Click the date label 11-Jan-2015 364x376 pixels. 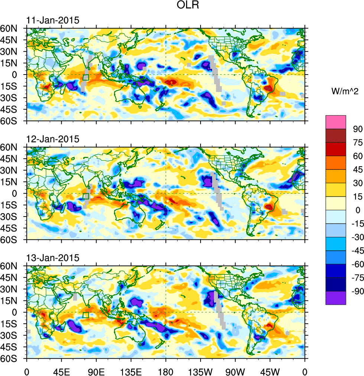[52, 21]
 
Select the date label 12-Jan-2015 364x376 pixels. [52, 139]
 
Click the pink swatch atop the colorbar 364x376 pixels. [336, 122]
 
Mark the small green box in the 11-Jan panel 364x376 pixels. [86, 77]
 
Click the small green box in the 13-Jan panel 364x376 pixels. [86, 315]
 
